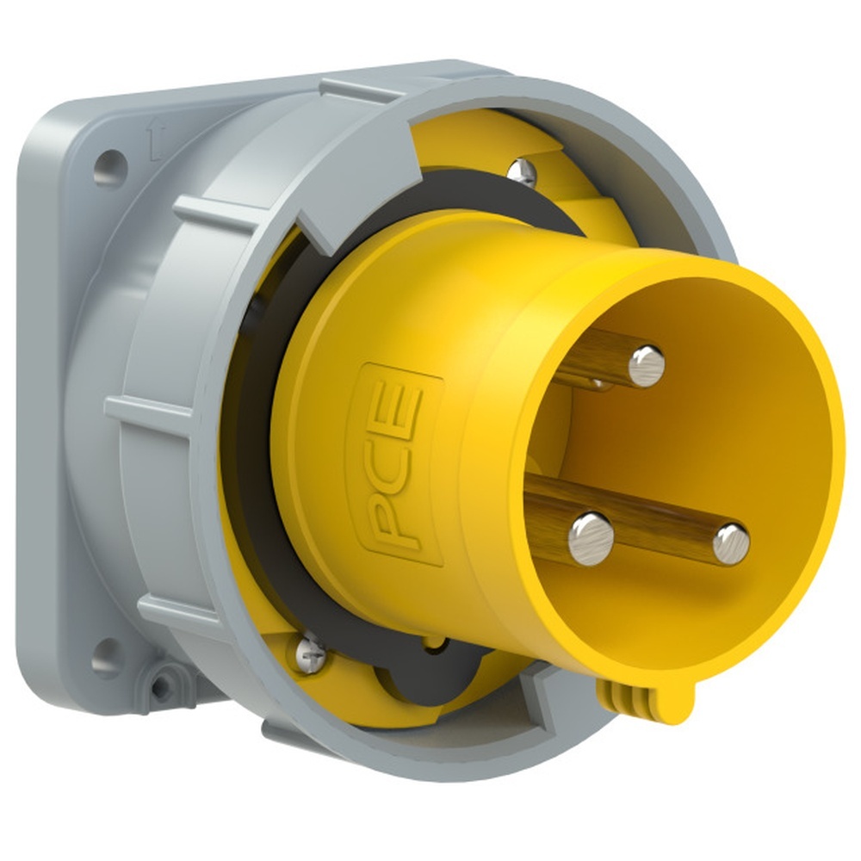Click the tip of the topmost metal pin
pos(647,366)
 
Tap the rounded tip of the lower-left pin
pos(591,539)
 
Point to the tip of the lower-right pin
pos(731,544)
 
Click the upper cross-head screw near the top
pos(522,172)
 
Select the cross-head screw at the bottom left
pos(311,653)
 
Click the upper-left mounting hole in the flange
pos(110,168)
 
